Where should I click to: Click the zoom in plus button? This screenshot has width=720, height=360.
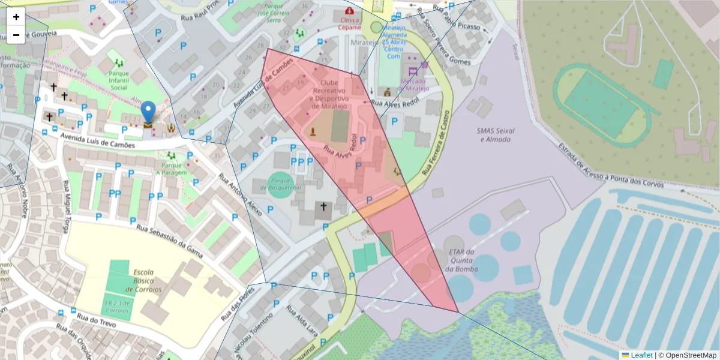point(16,17)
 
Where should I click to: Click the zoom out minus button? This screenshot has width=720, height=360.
point(16,35)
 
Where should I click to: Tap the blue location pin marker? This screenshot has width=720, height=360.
point(148,113)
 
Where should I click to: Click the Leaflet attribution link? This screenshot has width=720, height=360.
point(641,355)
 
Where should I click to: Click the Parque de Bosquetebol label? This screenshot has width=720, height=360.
point(280,184)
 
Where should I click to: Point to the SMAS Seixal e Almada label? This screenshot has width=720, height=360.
point(495,135)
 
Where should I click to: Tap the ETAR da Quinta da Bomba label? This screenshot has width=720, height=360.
point(461,260)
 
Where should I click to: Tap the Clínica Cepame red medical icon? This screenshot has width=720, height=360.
point(349,11)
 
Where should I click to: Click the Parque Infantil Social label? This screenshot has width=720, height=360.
point(119,81)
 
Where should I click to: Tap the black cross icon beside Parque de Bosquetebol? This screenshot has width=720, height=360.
point(323,208)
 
